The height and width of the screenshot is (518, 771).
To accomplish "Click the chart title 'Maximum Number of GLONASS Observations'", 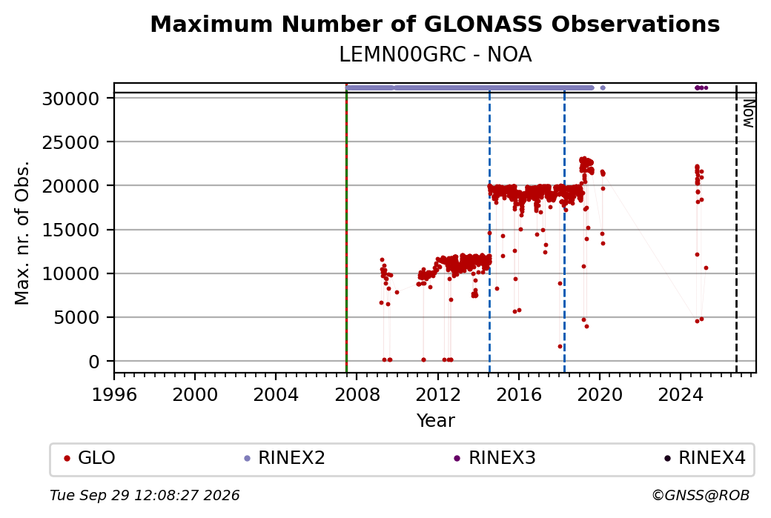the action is [x=434, y=24].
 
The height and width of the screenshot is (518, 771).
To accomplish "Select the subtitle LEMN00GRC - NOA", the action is [x=435, y=55].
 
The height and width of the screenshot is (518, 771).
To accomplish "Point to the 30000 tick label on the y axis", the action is [x=71, y=99].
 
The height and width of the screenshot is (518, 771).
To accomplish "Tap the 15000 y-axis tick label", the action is [x=71, y=230].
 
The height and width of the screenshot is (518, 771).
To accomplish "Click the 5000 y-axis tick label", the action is [x=76, y=317].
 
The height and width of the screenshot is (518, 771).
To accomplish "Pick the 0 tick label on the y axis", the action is [x=94, y=362].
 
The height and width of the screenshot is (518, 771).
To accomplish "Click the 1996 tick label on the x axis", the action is [x=114, y=394].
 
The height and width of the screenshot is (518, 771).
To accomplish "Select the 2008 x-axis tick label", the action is [x=357, y=394].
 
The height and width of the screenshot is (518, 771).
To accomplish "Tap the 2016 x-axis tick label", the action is [x=518, y=394].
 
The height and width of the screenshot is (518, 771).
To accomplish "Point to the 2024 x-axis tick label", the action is [x=680, y=394].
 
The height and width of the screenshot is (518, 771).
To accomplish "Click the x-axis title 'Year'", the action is [x=436, y=421].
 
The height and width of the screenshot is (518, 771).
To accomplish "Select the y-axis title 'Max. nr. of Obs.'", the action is [x=22, y=233].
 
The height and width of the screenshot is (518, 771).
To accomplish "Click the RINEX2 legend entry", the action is [x=285, y=458].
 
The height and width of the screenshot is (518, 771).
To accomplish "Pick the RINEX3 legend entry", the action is [x=494, y=458].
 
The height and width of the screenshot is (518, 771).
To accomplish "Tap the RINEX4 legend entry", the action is [x=704, y=458].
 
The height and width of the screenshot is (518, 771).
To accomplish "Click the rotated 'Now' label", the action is [x=748, y=113].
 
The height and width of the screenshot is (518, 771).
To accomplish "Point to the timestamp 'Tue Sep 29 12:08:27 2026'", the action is [x=145, y=495].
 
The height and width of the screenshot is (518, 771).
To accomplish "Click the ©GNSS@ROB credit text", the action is [x=701, y=495].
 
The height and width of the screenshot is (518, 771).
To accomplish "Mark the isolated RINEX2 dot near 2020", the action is [x=603, y=88].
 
